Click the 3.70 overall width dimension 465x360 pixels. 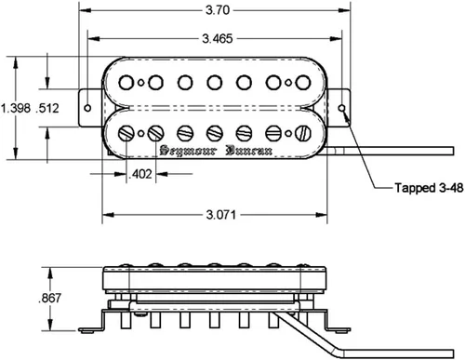click(x=218, y=10)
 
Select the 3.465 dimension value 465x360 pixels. click(x=218, y=39)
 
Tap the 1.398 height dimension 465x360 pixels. click(x=16, y=108)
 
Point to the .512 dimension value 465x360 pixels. click(x=47, y=108)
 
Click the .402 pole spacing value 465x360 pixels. click(x=140, y=174)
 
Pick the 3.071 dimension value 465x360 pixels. click(x=221, y=215)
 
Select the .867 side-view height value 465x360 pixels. click(x=49, y=299)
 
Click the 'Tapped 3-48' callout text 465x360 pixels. click(x=429, y=188)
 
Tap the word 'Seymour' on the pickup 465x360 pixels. click(x=188, y=151)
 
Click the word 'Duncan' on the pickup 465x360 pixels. click(x=249, y=151)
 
